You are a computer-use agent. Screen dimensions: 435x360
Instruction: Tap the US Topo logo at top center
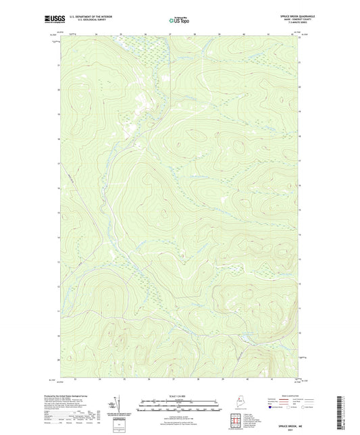179,21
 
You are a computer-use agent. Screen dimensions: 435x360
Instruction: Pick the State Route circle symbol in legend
307,407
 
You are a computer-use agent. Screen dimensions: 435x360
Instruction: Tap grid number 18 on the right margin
299,112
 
